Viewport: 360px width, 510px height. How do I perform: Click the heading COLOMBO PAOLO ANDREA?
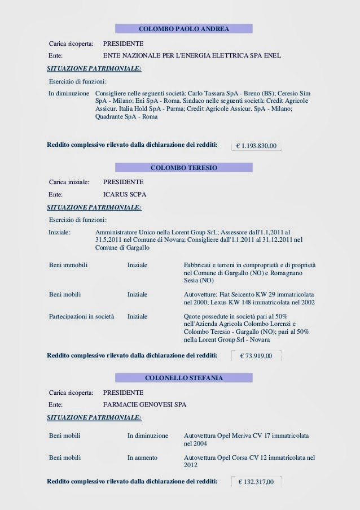[x=183, y=28]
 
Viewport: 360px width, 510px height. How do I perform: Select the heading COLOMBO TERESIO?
[x=183, y=168]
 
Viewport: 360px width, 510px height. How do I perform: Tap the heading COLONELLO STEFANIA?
[x=183, y=377]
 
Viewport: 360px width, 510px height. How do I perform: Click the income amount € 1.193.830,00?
[x=256, y=146]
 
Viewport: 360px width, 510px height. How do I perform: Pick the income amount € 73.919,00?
[x=256, y=356]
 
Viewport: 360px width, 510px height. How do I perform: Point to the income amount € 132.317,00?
[x=256, y=482]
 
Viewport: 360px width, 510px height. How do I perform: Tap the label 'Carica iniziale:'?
[x=69, y=182]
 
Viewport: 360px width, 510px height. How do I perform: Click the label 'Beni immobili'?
[x=68, y=265]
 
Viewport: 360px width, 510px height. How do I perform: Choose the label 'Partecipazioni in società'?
[x=82, y=317]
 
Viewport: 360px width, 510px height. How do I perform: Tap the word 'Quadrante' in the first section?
[x=111, y=117]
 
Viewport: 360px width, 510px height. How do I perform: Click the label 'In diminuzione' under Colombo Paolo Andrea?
[x=69, y=93]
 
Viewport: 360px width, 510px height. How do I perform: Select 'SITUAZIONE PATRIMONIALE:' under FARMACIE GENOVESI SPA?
[x=94, y=417]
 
